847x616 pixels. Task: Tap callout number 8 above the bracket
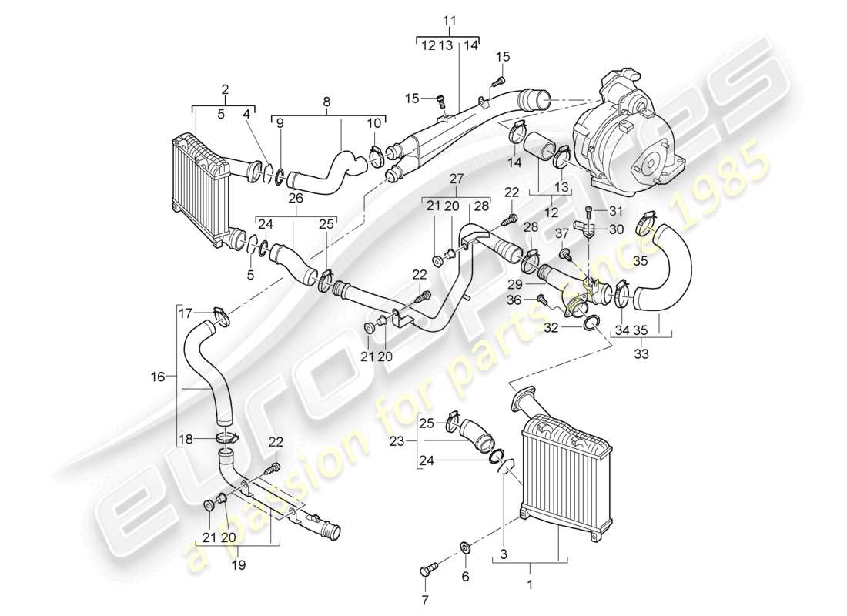[x=326, y=100]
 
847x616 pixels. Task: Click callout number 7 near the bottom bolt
[x=424, y=598]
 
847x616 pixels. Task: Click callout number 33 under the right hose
[x=641, y=355]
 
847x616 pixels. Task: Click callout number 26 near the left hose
[x=295, y=198]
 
